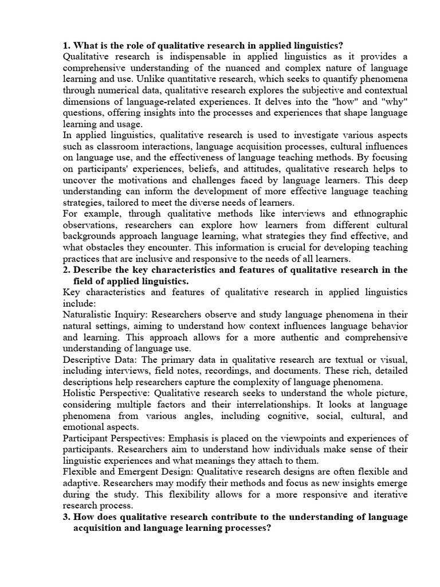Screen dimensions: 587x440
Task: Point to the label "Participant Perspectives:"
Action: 113,439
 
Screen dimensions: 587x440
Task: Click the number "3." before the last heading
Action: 66,517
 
